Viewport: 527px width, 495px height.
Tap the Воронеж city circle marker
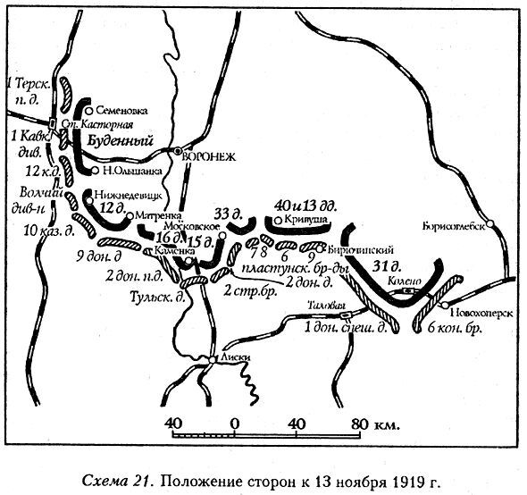coord(179,151)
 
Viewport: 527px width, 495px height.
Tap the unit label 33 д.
coord(227,213)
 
